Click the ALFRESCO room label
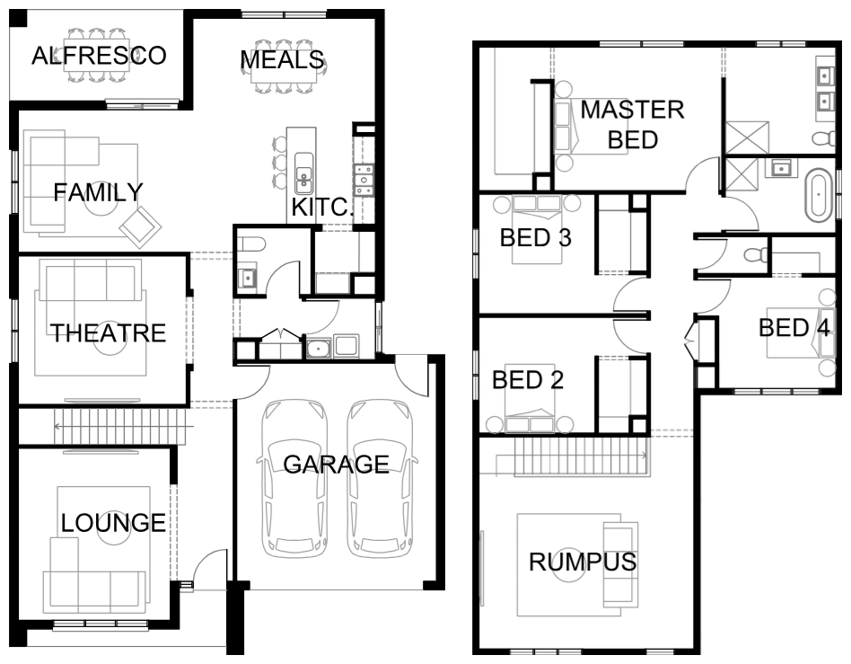[99, 56]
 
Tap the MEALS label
[282, 60]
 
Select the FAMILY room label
[98, 192]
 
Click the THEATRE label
[108, 333]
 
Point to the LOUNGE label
[113, 523]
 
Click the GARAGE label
[337, 464]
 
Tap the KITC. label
[322, 207]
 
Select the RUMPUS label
[583, 562]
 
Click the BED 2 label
[528, 380]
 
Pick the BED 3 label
[536, 238]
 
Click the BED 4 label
[794, 328]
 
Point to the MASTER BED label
[633, 124]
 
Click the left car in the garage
[295, 479]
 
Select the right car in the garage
[380, 479]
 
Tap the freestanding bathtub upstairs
[819, 194]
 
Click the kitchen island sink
[304, 173]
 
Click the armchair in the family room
[140, 227]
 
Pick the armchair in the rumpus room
[620, 564]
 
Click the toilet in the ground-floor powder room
[250, 244]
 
